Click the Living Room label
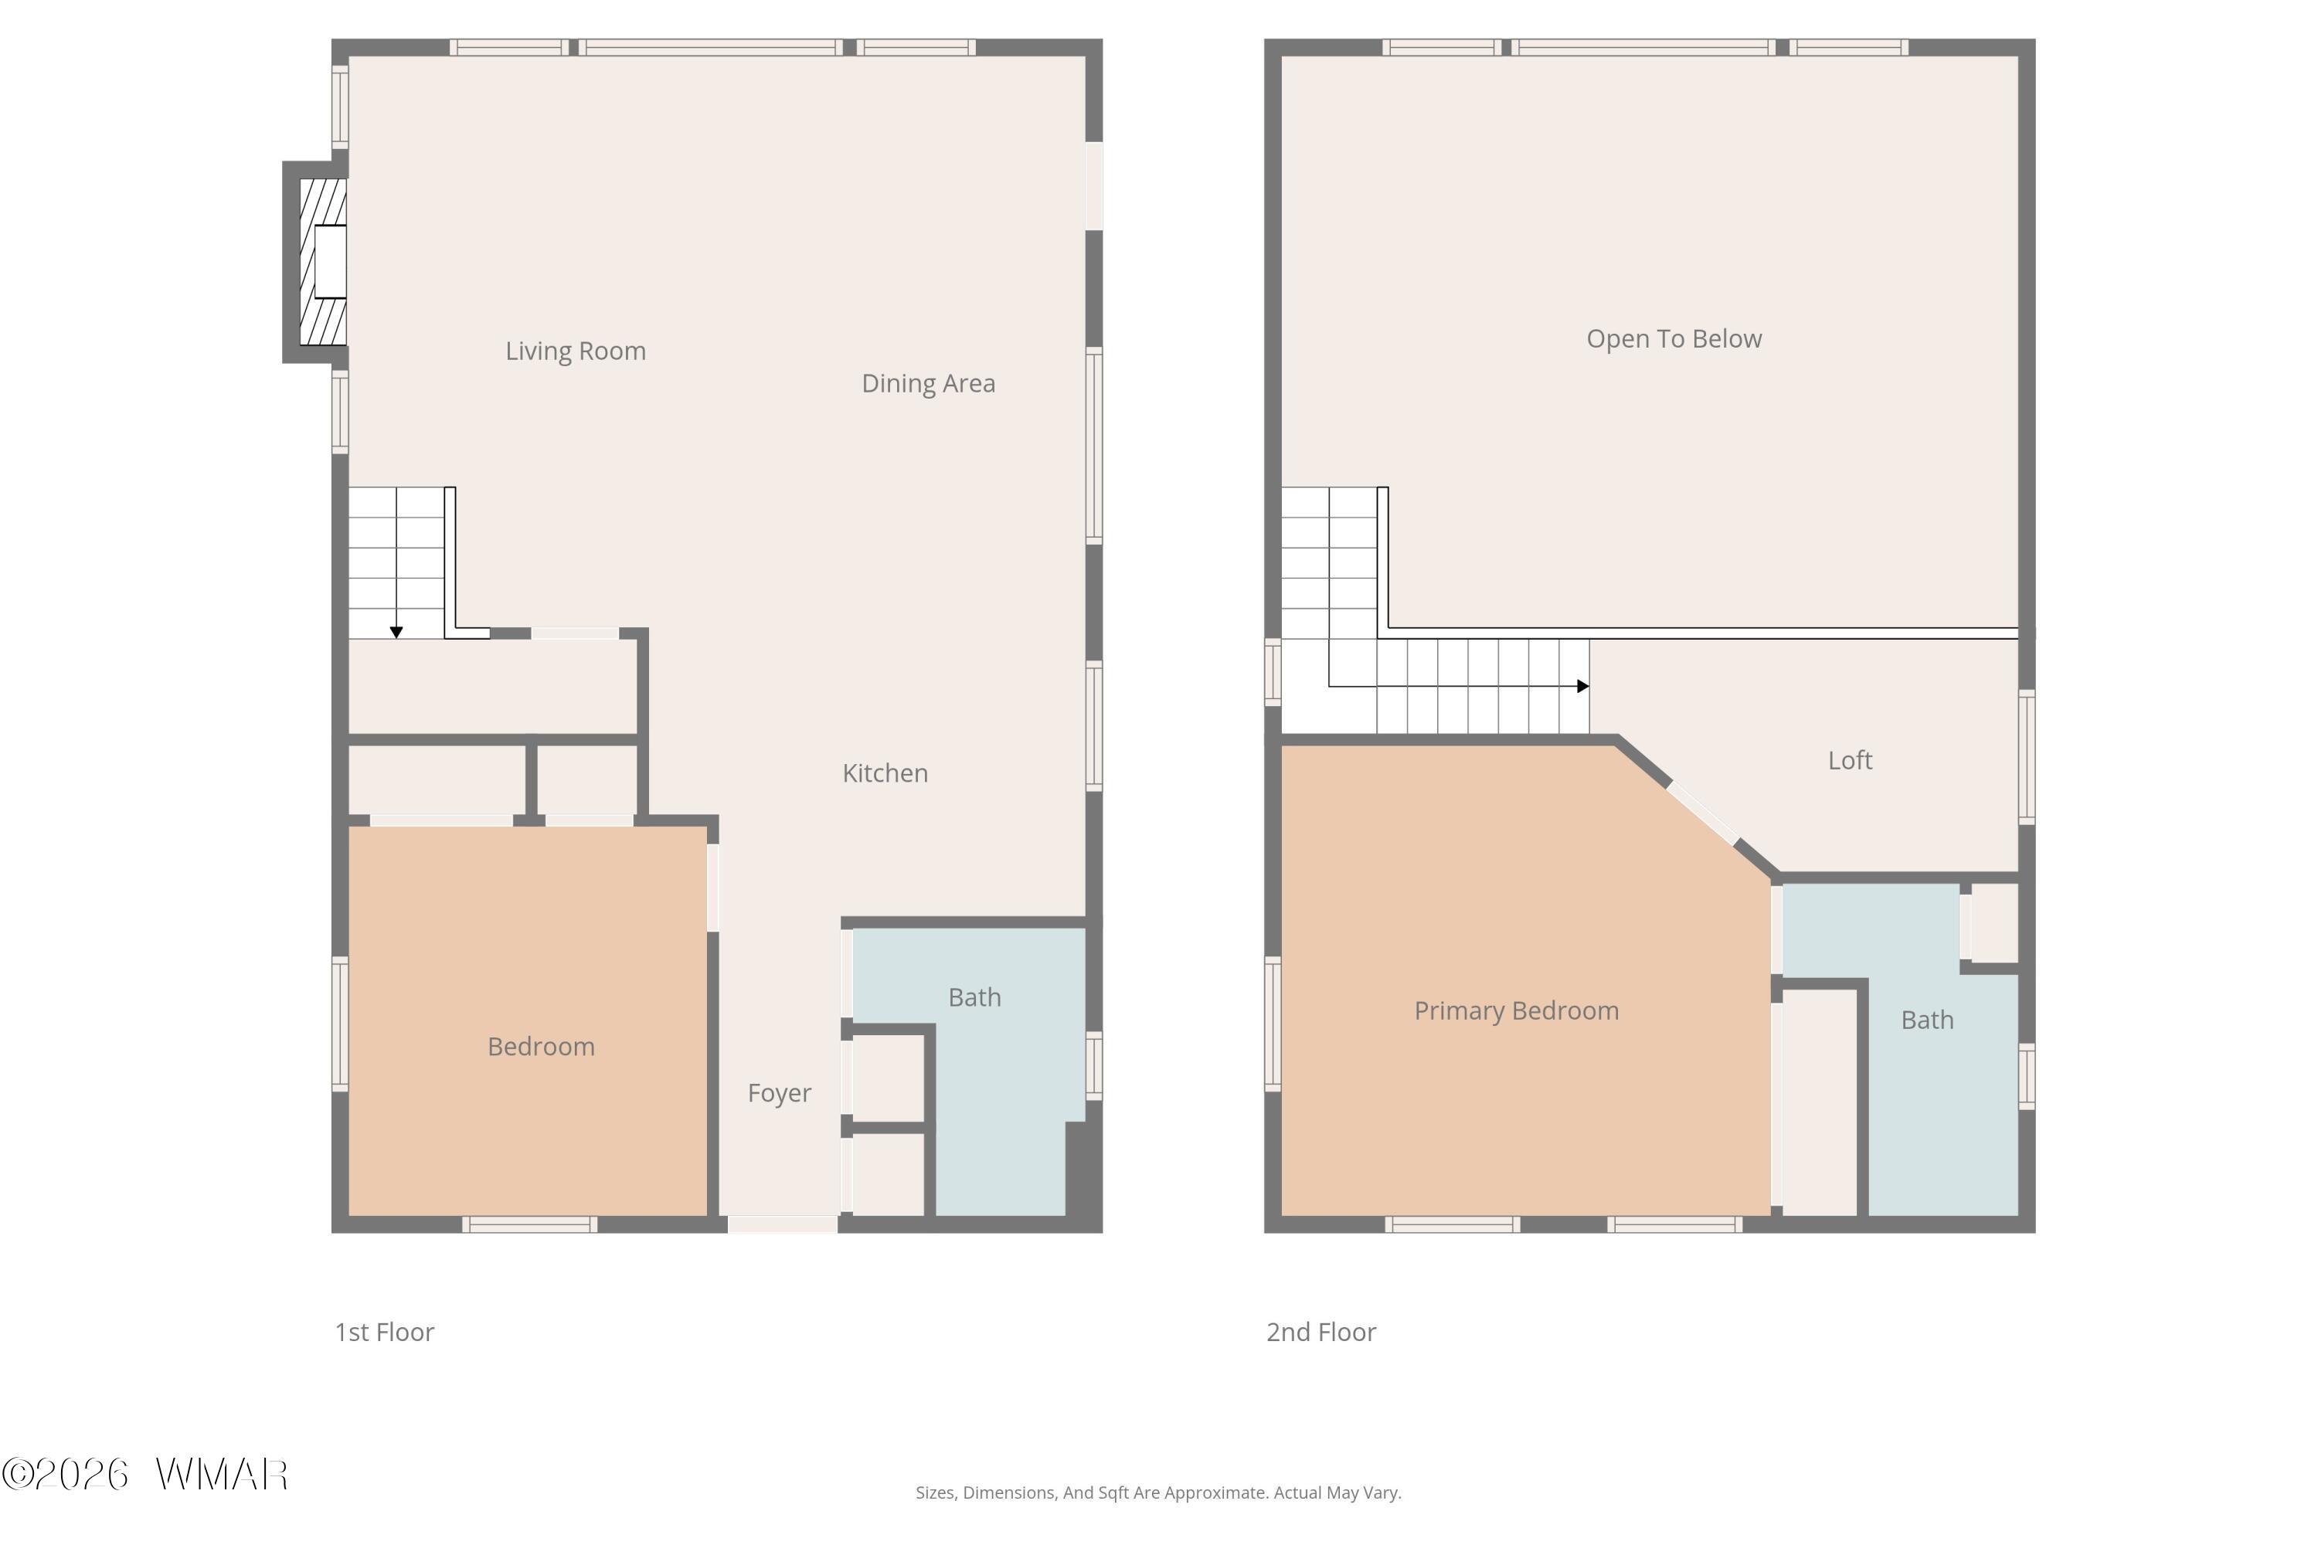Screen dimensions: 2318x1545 point(576,351)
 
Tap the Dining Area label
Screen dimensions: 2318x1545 point(929,383)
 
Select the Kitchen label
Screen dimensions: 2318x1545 point(885,772)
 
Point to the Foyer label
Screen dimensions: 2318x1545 point(780,1093)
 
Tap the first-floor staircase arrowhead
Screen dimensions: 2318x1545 point(396,633)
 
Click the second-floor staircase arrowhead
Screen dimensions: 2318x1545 point(1582,686)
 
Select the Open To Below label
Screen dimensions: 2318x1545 point(1674,339)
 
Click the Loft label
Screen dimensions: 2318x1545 point(1850,759)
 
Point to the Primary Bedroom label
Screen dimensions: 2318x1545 point(1516,1010)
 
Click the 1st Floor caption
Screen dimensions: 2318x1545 point(384,1332)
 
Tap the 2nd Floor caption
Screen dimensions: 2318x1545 point(1320,1332)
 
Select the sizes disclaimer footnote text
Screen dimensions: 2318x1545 point(1158,1492)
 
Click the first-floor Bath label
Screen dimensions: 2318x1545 point(974,997)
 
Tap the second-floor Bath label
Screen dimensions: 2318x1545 point(1927,1020)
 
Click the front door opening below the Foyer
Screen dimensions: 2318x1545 point(783,1224)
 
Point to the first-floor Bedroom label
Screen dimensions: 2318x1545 point(541,1047)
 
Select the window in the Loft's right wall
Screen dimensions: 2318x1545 point(2026,757)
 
